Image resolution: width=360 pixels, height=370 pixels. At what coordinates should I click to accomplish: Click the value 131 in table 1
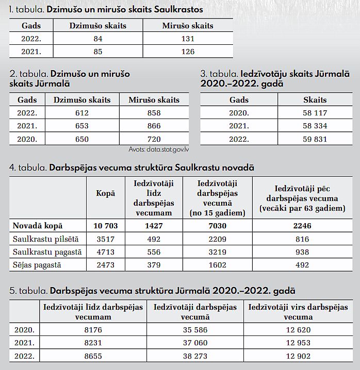(x=188, y=39)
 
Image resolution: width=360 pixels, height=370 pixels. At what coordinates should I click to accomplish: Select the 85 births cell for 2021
(x=98, y=52)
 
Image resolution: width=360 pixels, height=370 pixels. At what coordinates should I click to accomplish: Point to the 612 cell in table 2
(x=81, y=113)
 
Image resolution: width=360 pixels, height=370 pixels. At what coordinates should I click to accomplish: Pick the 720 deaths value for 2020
(x=154, y=139)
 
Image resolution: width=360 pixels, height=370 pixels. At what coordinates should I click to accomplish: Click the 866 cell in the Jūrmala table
(x=154, y=126)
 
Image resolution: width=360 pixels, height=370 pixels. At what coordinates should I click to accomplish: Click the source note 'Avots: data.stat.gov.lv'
(x=158, y=149)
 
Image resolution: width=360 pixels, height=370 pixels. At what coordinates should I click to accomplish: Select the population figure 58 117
(x=315, y=113)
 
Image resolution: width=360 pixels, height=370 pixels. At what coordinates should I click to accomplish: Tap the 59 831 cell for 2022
(x=315, y=139)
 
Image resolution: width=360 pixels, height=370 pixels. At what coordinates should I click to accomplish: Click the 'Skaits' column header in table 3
(x=315, y=100)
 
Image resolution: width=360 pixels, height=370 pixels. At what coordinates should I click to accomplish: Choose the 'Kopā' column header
(x=105, y=193)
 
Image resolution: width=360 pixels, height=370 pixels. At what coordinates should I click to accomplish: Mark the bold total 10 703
(x=105, y=226)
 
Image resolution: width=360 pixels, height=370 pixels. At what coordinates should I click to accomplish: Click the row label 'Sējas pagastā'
(x=37, y=265)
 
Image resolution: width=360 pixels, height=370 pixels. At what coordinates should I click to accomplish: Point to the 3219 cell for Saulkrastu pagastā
(x=217, y=252)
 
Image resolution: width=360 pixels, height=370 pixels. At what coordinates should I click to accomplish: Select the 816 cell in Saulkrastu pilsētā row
(x=302, y=239)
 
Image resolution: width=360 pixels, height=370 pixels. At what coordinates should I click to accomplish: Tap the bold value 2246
(x=302, y=226)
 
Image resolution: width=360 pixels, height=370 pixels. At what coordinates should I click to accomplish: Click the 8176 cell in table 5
(x=93, y=330)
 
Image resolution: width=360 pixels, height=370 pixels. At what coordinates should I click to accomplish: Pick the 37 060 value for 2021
(x=195, y=343)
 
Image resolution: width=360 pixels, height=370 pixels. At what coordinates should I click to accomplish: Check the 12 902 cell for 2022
(x=298, y=356)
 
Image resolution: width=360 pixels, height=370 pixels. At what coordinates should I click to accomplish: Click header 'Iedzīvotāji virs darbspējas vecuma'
(x=298, y=312)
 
